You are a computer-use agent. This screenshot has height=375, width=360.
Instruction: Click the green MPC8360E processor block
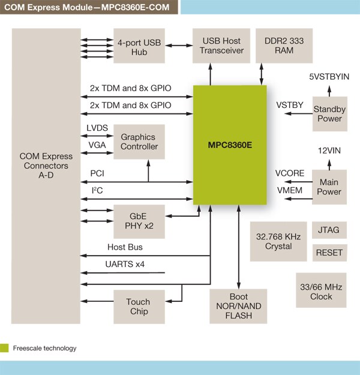(x=230, y=145)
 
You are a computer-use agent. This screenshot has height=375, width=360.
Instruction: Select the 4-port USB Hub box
(x=139, y=46)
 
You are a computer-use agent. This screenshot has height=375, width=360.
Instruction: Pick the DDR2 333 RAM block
(x=284, y=46)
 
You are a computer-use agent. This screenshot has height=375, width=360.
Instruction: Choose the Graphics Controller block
(x=139, y=142)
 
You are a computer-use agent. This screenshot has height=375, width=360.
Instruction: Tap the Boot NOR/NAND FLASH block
(x=239, y=306)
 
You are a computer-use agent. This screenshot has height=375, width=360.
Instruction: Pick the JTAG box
(x=329, y=230)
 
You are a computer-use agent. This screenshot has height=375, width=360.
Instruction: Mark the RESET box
(x=329, y=253)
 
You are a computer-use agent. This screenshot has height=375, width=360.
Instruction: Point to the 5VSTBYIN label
(x=329, y=77)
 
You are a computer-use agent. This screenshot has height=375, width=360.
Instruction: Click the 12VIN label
(x=329, y=152)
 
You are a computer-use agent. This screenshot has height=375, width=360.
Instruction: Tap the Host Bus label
(x=125, y=247)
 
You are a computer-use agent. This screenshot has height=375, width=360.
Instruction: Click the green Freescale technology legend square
(x=5, y=347)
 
